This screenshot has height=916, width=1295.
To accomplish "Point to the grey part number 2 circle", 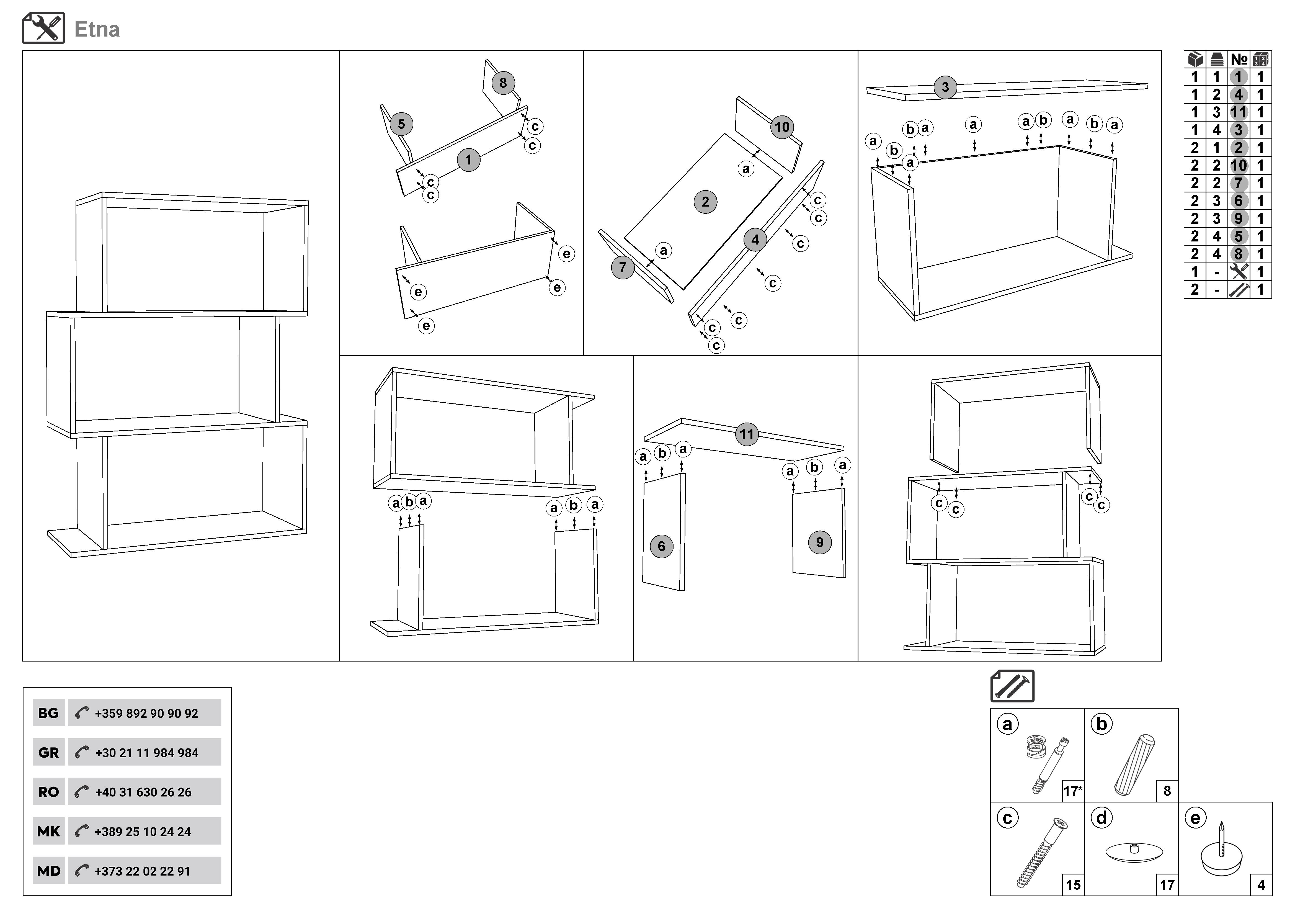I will click(x=705, y=202).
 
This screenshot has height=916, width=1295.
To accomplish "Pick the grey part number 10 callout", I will click(x=782, y=127).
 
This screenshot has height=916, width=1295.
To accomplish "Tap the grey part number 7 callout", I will click(x=623, y=267).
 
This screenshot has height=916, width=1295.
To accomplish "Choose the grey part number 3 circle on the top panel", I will click(x=945, y=88).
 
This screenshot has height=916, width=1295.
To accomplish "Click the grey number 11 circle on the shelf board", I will click(x=747, y=434).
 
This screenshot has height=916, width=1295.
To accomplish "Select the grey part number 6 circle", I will click(x=662, y=546).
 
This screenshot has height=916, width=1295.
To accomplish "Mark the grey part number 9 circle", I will click(x=819, y=543).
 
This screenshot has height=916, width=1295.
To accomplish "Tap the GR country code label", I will click(x=48, y=752).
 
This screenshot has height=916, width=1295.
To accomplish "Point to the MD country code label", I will click(x=48, y=871).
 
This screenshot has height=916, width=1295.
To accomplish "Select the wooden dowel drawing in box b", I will click(x=1134, y=764).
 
